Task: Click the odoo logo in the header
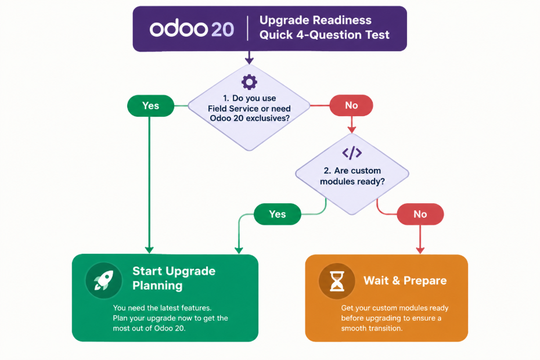[178, 29]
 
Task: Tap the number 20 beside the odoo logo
[222, 29]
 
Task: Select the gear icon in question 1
[249, 82]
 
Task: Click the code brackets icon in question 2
[352, 153]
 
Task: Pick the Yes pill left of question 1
[150, 106]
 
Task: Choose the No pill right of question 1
[351, 106]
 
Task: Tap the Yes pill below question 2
[277, 214]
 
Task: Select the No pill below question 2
[420, 214]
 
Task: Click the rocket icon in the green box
[104, 280]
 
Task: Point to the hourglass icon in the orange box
[337, 281]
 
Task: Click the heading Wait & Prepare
[405, 280]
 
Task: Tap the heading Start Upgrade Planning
[174, 278]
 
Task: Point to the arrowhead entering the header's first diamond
[249, 61]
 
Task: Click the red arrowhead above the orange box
[420, 250]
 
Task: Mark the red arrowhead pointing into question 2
[351, 129]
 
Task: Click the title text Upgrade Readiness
[315, 20]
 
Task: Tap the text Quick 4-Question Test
[325, 35]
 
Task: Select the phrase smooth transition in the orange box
[372, 328]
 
